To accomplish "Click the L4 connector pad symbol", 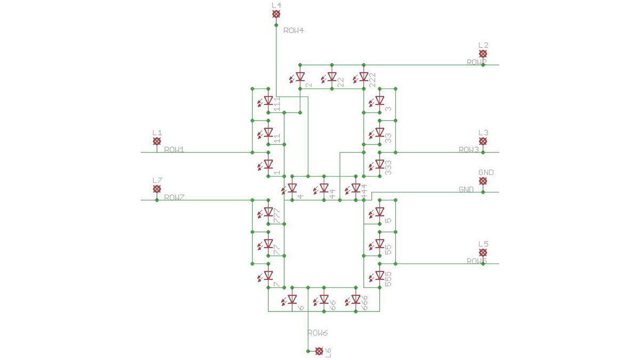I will coord(276,15).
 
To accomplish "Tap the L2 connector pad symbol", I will coord(483,54).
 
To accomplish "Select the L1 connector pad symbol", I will coord(157,141).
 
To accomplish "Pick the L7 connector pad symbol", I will coord(157,189).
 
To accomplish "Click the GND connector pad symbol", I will coord(483,181).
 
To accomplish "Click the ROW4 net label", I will coord(293,30).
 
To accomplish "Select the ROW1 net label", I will coord(174,150).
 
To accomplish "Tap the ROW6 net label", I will coord(317,333).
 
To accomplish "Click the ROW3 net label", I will coord(469,150).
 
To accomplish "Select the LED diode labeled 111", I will coord(268,100).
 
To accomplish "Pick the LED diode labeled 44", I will coord(324,188).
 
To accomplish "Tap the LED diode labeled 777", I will coord(268,212).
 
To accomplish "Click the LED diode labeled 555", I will coord(380,276).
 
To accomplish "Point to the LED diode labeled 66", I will coord(324,300).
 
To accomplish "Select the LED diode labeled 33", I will coord(380,132).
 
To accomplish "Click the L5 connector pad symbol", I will coord(483,252).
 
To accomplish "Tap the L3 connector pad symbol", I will coord(483,141).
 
